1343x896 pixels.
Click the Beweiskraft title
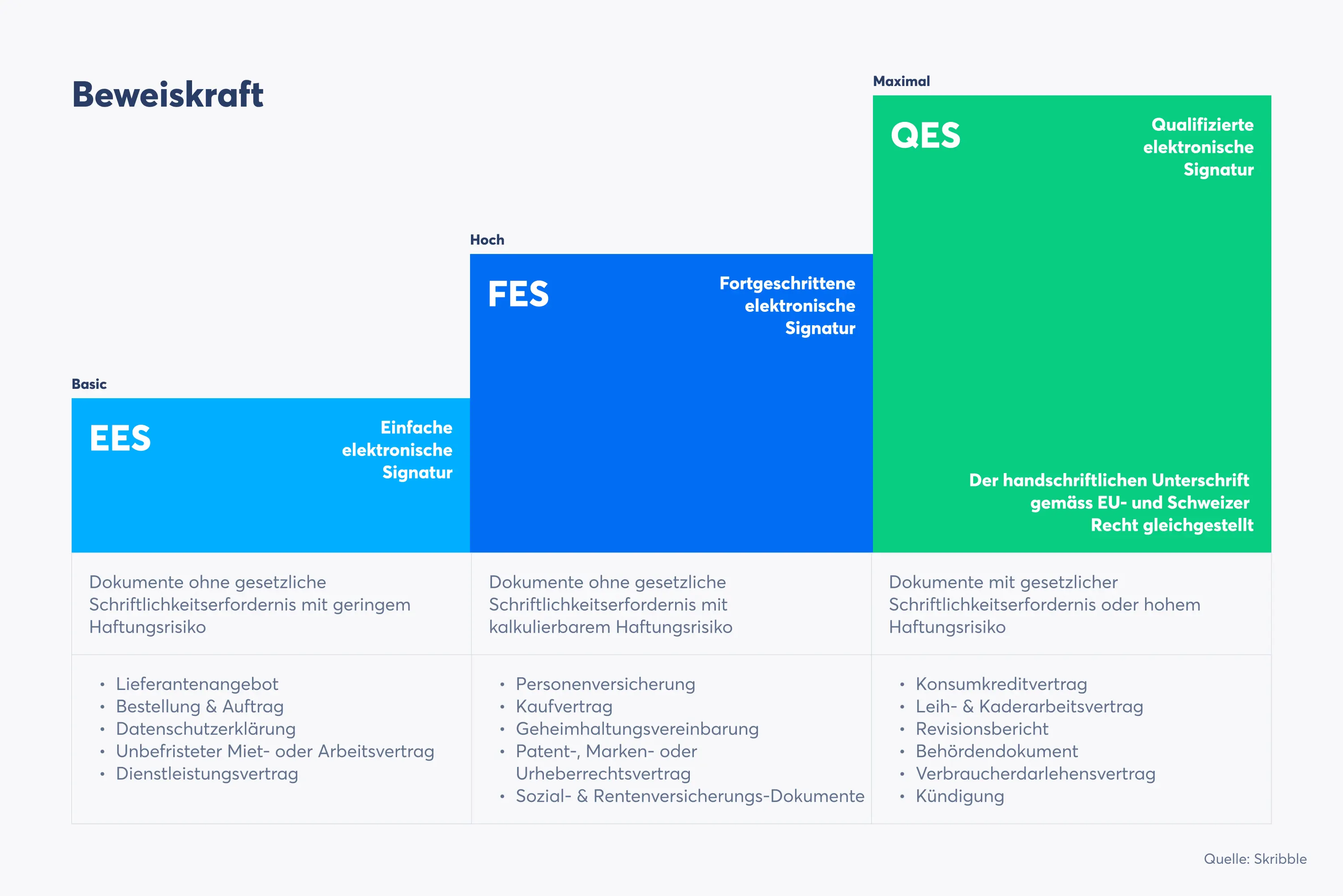167,94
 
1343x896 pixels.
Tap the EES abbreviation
120,438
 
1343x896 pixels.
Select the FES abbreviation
518,294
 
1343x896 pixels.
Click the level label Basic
89,384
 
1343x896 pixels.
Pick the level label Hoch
487,240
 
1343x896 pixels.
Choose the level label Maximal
901,81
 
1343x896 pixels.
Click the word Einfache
416,427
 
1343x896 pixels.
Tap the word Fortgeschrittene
787,284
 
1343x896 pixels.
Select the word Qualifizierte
1202,125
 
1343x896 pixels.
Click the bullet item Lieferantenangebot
197,684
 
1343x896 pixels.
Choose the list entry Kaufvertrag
564,706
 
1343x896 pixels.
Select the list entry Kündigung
960,796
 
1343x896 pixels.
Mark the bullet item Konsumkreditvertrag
1001,684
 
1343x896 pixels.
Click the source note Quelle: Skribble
1255,859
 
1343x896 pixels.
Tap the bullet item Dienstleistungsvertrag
207,774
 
